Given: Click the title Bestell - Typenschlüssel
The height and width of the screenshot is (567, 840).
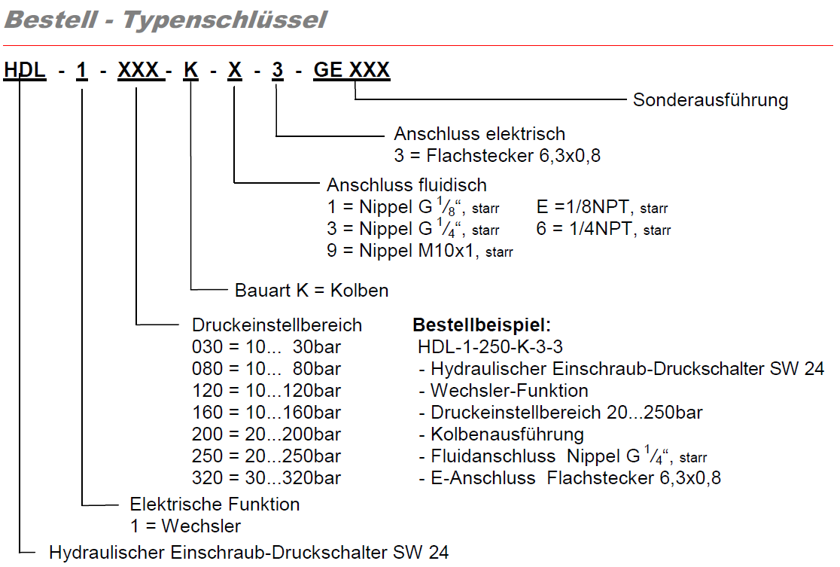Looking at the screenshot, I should [166, 20].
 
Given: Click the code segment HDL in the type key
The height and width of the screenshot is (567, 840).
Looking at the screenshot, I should [25, 70].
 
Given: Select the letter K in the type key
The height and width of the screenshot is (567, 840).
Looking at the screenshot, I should [191, 70].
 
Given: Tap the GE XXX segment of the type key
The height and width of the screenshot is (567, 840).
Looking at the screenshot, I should [352, 70].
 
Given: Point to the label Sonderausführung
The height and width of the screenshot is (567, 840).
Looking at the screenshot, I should [710, 100].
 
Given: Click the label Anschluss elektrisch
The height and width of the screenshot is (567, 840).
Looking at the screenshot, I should [479, 134].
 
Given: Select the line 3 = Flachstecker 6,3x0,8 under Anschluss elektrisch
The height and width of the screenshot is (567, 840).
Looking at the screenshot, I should [497, 156].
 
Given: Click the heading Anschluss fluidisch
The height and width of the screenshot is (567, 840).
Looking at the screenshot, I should [406, 184].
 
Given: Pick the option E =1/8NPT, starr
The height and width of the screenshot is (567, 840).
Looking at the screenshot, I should [602, 207].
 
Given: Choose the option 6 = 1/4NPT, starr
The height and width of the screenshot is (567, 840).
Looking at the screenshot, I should [603, 229].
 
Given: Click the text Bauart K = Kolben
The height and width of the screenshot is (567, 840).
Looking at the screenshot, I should [312, 290].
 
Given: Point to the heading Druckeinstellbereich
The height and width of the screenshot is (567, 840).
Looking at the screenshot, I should [277, 325].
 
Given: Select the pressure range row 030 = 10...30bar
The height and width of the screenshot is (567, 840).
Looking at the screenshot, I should [266, 347].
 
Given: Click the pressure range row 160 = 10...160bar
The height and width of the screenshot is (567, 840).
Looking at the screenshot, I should [266, 413].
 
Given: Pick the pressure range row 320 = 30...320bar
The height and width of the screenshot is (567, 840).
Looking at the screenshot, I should [266, 478].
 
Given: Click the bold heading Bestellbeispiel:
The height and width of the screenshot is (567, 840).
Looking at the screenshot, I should [482, 325].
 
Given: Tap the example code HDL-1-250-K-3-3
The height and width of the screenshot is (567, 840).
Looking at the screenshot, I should [490, 347].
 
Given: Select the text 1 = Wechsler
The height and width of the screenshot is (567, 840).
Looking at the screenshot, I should [185, 525].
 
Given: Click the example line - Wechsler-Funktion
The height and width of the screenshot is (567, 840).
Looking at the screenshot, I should [504, 391].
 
